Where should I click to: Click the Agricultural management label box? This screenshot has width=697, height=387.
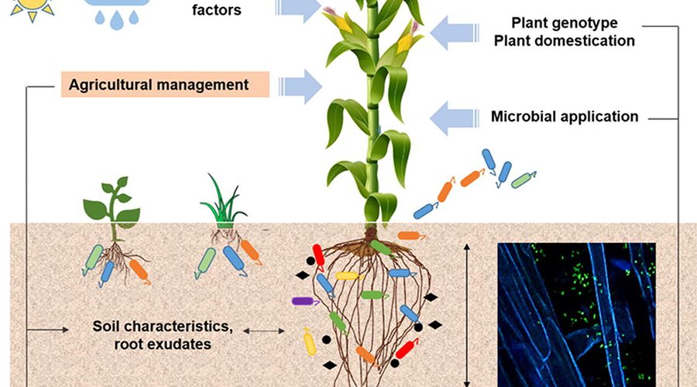point(164,84)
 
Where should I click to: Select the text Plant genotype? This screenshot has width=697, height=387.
point(565,22)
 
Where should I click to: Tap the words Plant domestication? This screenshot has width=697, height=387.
point(565,39)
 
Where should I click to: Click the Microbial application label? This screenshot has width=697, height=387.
point(565,117)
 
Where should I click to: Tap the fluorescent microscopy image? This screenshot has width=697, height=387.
point(576,313)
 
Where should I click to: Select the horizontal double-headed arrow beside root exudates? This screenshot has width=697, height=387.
point(264,331)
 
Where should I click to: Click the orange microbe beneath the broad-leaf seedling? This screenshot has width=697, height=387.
point(139,270)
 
